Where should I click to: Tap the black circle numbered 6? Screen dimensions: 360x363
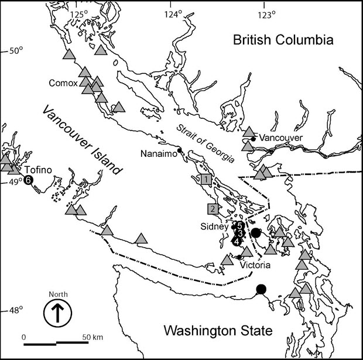coord(28,180)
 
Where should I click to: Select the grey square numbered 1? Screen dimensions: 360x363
coord(206,179)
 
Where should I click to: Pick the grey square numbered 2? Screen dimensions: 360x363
coord(212,208)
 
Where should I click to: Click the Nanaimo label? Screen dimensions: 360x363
coord(158,153)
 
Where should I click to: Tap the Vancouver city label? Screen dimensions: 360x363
coord(280,138)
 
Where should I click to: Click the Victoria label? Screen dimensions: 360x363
coord(255,265)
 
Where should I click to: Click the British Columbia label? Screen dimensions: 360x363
coord(283,40)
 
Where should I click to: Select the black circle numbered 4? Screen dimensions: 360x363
coord(236,241)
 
